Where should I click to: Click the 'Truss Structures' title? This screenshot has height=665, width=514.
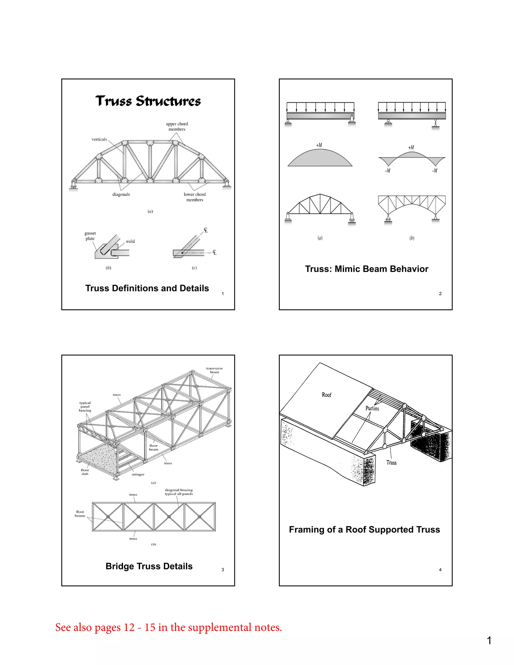click(148, 101)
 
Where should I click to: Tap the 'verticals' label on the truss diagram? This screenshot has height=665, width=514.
click(99, 139)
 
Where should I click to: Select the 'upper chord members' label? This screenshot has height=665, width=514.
click(177, 126)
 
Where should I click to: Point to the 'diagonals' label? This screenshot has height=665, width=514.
click(121, 194)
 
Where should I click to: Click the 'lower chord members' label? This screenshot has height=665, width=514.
click(195, 197)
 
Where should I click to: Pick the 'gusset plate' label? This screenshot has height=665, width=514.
click(90, 236)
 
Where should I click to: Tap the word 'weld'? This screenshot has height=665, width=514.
click(130, 241)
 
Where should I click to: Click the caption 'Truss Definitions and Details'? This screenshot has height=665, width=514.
click(147, 288)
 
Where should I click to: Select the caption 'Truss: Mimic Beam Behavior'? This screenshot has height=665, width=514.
click(366, 269)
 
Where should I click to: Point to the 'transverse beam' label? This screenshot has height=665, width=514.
click(214, 370)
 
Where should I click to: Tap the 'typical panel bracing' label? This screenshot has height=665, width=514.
click(85, 407)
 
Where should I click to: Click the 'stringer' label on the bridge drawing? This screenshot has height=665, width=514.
click(138, 474)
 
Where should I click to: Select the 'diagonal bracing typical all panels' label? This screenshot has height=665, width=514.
click(179, 492)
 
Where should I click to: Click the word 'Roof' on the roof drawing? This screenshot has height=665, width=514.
click(327, 395)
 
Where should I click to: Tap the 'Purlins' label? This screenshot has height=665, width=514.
click(372, 408)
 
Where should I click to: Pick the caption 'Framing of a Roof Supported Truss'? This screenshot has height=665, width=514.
click(364, 529)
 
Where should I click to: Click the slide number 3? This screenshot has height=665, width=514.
click(223, 569)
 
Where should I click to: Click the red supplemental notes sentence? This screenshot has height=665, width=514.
click(168, 627)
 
